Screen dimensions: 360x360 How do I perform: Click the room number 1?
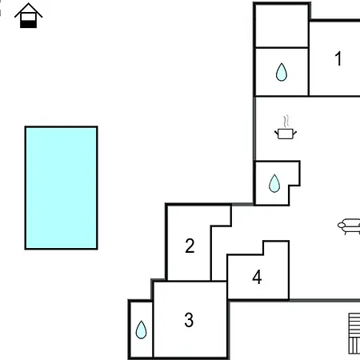click(338, 58)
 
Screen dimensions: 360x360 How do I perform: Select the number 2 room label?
click(190, 246)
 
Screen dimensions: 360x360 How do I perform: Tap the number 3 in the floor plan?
click(189, 320)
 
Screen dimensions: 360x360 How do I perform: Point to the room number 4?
click(257, 277)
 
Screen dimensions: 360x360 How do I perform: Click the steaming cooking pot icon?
click(286, 127)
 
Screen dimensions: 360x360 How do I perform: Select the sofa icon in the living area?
click(349, 226)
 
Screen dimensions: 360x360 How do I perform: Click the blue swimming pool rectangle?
click(62, 188)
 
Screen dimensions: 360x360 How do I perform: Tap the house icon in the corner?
click(29, 15)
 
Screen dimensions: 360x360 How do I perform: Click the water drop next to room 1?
click(282, 72)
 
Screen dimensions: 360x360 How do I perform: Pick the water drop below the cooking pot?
click(274, 183)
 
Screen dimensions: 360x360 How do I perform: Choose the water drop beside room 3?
click(141, 330)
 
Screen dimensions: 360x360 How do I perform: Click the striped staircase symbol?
click(354, 334)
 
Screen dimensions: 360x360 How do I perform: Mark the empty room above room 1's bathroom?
click(282, 26)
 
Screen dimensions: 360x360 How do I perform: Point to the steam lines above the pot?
click(286, 122)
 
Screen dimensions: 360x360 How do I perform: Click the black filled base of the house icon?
click(29, 24)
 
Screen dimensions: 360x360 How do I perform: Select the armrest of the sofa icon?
click(342, 226)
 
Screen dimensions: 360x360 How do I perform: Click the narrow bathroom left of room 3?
click(141, 330)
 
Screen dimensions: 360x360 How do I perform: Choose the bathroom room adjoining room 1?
click(282, 72)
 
